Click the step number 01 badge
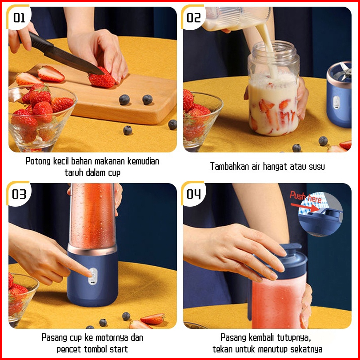pyautogui.click(x=19, y=18)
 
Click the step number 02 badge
pyautogui.click(x=193, y=18)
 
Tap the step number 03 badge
pyautogui.click(x=19, y=194)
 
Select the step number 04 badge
pyautogui.click(x=193, y=194)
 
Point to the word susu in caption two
pyautogui.click(x=316, y=167)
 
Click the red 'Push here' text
pyautogui.click(x=305, y=197)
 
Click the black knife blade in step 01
pyautogui.click(x=73, y=60)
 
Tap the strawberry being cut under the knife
pyautogui.click(x=102, y=79)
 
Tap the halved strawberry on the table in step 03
pyautogui.click(x=152, y=319)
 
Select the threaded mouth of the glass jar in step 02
pyautogui.click(x=274, y=51)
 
